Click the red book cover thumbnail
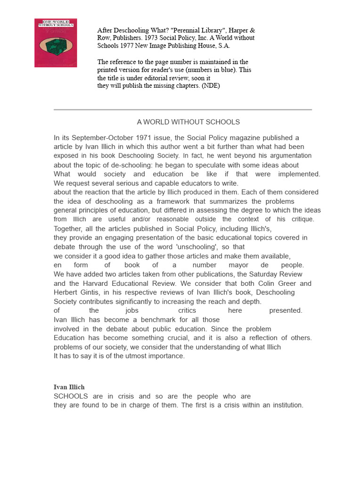coord(56,43)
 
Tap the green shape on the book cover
coord(56,46)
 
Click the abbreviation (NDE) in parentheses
coord(210,86)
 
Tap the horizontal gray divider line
coord(182,109)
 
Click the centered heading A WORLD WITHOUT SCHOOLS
coord(188,122)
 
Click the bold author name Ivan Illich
coord(69,387)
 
